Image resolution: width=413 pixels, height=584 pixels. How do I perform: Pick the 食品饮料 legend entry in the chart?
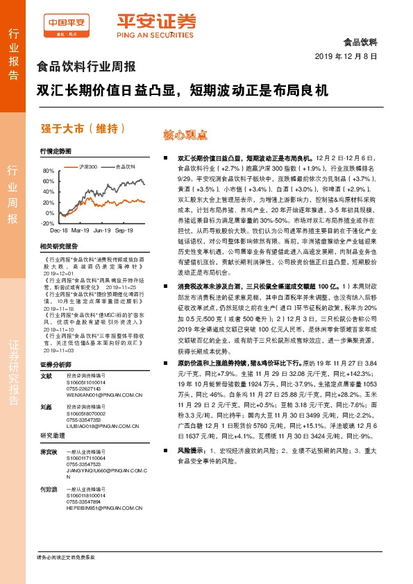pyautogui.click(x=126, y=166)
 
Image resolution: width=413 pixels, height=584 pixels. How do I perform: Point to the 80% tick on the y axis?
pyautogui.click(x=48, y=171)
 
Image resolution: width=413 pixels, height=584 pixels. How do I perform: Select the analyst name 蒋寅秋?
pyautogui.click(x=48, y=452)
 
